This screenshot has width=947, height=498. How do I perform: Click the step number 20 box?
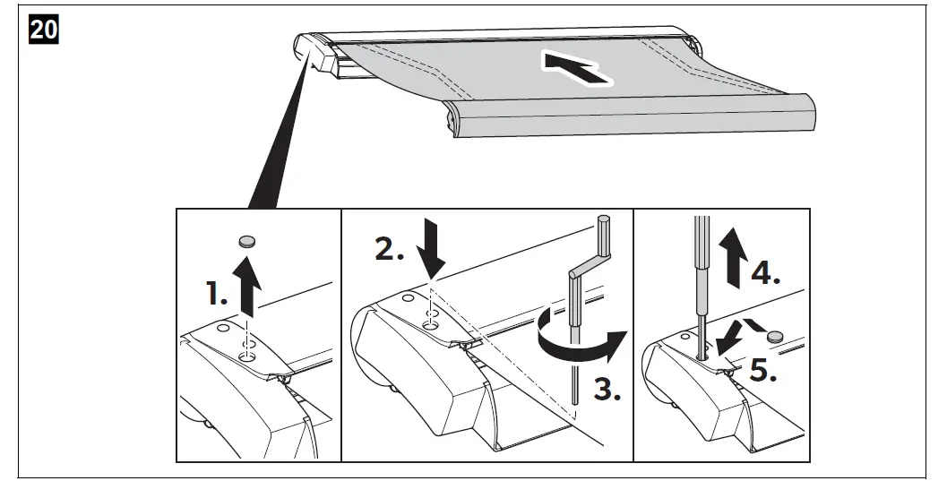45,30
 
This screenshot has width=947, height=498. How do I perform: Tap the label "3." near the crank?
607,390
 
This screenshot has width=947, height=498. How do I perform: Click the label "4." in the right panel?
763,273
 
